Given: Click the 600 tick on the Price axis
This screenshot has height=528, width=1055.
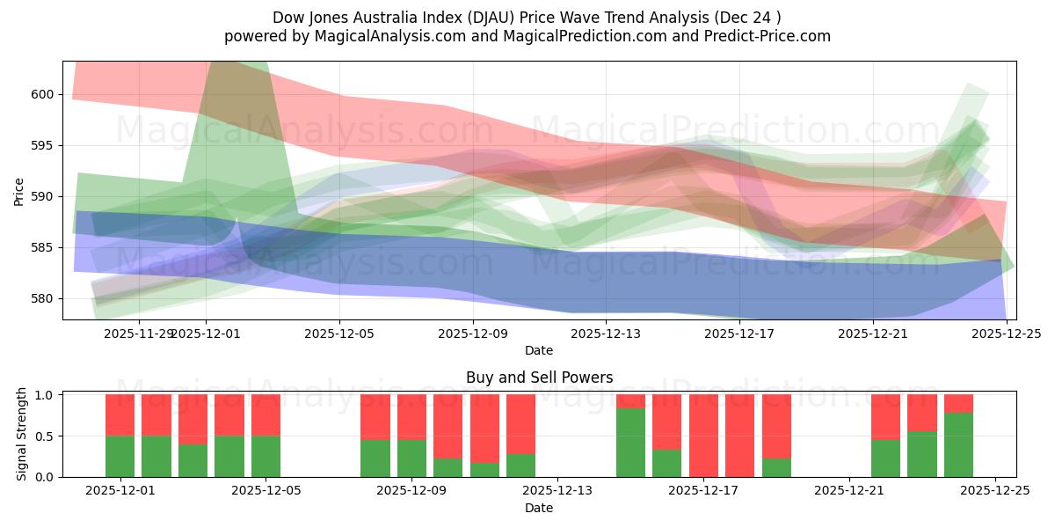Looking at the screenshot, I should [x=43, y=94].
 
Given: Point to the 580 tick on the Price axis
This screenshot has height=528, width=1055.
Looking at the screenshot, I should [x=43, y=298].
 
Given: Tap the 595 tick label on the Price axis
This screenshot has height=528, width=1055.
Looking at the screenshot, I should [x=43, y=145].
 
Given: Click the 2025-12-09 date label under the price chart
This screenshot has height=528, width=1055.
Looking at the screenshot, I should [x=473, y=334].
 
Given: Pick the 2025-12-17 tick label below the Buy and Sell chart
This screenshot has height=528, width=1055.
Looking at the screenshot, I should [x=703, y=491].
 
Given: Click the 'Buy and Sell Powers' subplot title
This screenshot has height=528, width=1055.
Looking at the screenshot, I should [x=539, y=378].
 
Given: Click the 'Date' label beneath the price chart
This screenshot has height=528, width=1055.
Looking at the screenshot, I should [x=539, y=350].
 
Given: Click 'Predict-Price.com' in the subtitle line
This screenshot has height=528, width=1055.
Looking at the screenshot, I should [x=769, y=36].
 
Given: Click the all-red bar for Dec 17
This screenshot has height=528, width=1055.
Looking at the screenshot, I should [x=703, y=436].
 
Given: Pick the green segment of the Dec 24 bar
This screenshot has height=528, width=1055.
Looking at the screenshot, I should [x=958, y=445].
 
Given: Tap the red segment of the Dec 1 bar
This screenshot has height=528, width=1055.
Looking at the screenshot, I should [x=120, y=414].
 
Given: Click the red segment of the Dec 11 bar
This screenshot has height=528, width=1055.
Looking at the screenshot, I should [x=484, y=428].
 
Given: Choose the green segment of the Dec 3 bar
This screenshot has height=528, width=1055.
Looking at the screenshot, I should [x=193, y=460].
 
